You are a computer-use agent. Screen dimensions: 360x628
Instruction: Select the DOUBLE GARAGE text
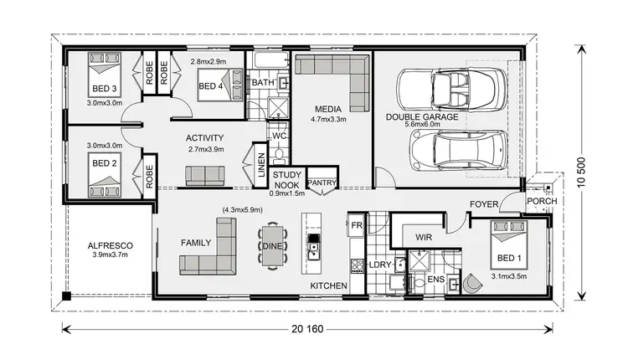pyautogui.click(x=422, y=117)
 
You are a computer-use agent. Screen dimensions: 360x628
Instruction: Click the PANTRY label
pyautogui.click(x=322, y=182)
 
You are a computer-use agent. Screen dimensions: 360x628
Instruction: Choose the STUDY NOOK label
pyautogui.click(x=322, y=159)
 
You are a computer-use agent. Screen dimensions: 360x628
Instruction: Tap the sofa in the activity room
pyautogui.click(x=205, y=174)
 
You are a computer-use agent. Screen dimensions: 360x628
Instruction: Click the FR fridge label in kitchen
pyautogui.click(x=356, y=226)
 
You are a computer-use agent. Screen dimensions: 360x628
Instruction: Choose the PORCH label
pyautogui.click(x=537, y=203)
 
